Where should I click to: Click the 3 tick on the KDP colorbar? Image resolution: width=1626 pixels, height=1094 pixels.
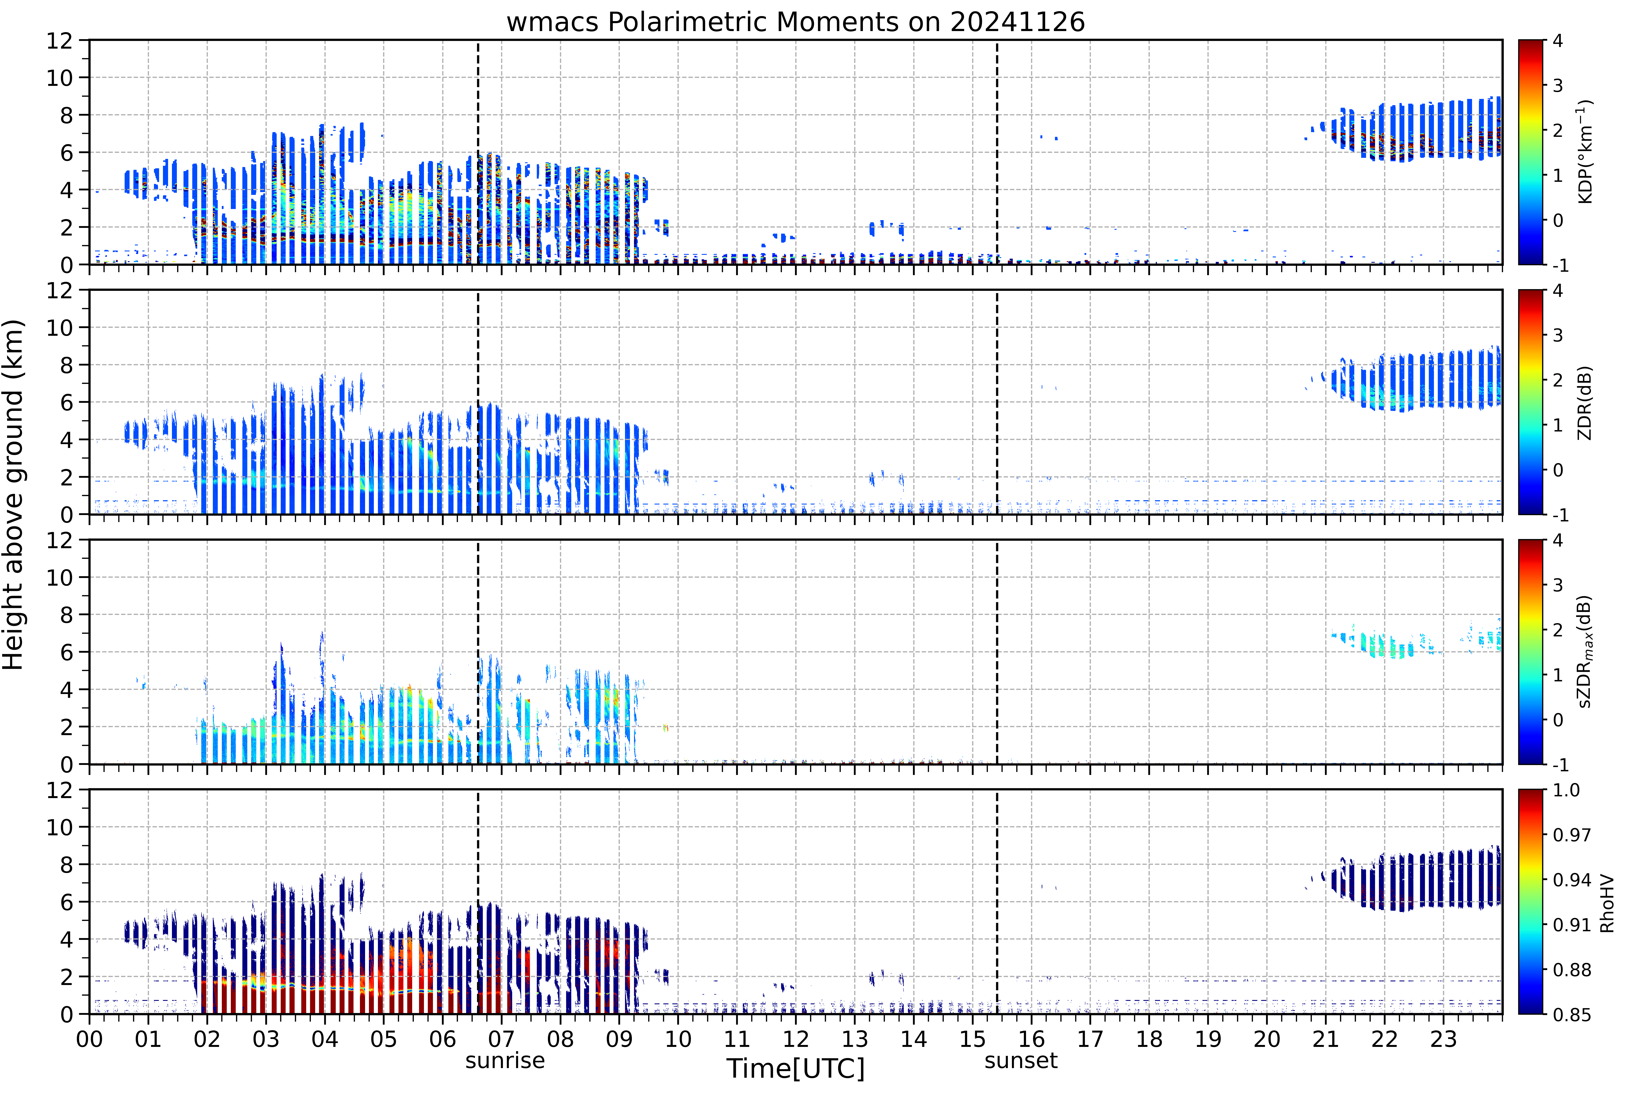[x=1558, y=86]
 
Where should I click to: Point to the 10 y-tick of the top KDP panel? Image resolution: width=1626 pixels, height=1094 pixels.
[x=60, y=78]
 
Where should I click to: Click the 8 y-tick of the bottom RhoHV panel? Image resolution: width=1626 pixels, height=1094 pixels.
[x=66, y=865]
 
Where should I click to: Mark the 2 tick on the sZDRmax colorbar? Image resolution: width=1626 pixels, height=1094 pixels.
[x=1558, y=630]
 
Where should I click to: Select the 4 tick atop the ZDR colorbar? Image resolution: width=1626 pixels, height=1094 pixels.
[x=1558, y=291]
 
